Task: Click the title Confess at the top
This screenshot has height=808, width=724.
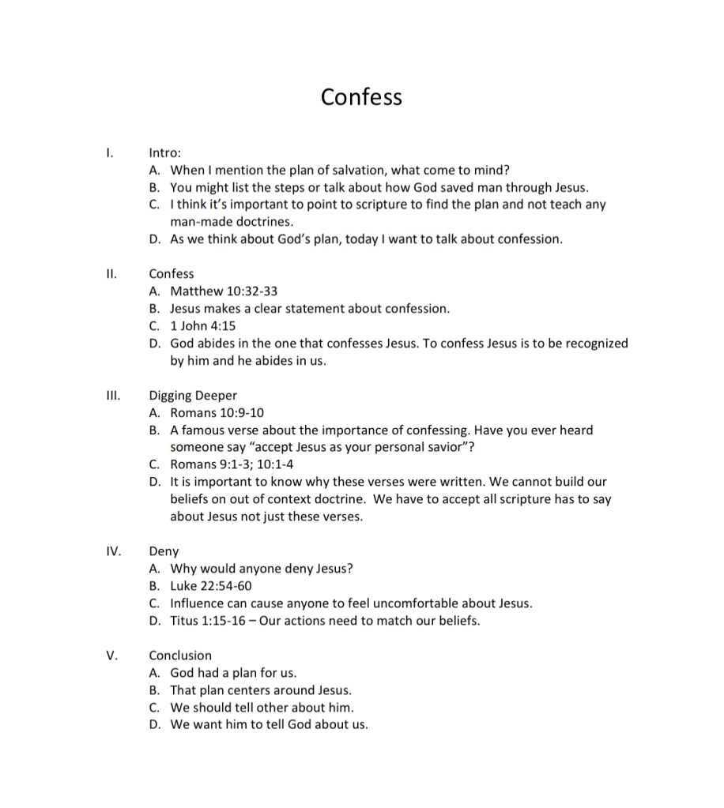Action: point(361,97)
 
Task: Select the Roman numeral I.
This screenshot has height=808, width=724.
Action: point(110,153)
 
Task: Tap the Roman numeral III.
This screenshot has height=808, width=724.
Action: point(112,395)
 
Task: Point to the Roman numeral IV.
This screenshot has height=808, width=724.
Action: point(113,551)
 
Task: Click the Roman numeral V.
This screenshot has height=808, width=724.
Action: point(112,655)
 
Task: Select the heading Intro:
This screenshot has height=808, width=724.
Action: point(165,153)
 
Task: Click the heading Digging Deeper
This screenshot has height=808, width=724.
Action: point(193,396)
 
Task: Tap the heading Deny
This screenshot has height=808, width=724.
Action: point(164,551)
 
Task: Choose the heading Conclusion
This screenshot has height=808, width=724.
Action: point(180,655)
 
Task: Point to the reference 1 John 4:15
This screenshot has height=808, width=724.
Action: point(203,326)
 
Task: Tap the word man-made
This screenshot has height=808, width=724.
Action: point(198,222)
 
